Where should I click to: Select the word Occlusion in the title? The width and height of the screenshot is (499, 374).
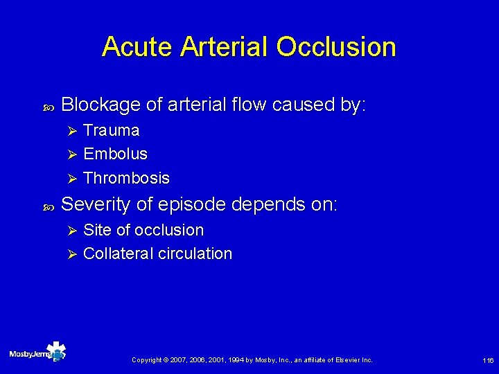336,47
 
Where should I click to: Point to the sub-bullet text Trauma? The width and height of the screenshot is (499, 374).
111,131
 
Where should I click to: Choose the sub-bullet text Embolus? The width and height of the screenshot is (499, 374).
115,154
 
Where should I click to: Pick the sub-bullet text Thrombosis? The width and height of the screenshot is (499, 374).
126,178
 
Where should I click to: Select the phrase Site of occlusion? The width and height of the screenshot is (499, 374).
143,230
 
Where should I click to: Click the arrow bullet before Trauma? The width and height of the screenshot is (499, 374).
69,131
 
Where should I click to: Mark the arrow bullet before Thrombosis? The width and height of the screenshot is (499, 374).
69,178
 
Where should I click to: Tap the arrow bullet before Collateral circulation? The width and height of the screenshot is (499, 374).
69,253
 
